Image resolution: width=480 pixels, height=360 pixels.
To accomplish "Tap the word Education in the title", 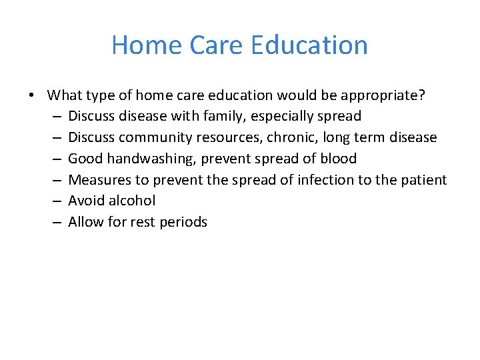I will click(309, 45).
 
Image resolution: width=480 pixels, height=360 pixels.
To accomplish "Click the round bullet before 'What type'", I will click(31, 95).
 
